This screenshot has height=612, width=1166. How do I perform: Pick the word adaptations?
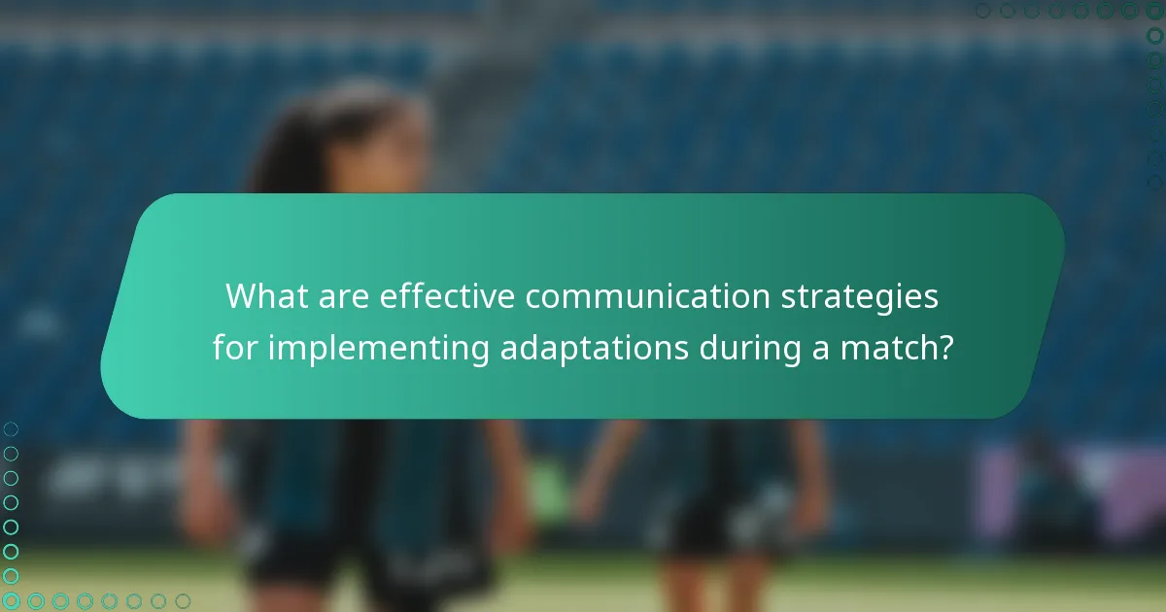tap(593, 348)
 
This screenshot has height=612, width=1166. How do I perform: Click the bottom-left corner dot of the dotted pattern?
tap(11, 601)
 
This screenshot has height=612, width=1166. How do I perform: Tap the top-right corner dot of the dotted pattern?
tap(1154, 11)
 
